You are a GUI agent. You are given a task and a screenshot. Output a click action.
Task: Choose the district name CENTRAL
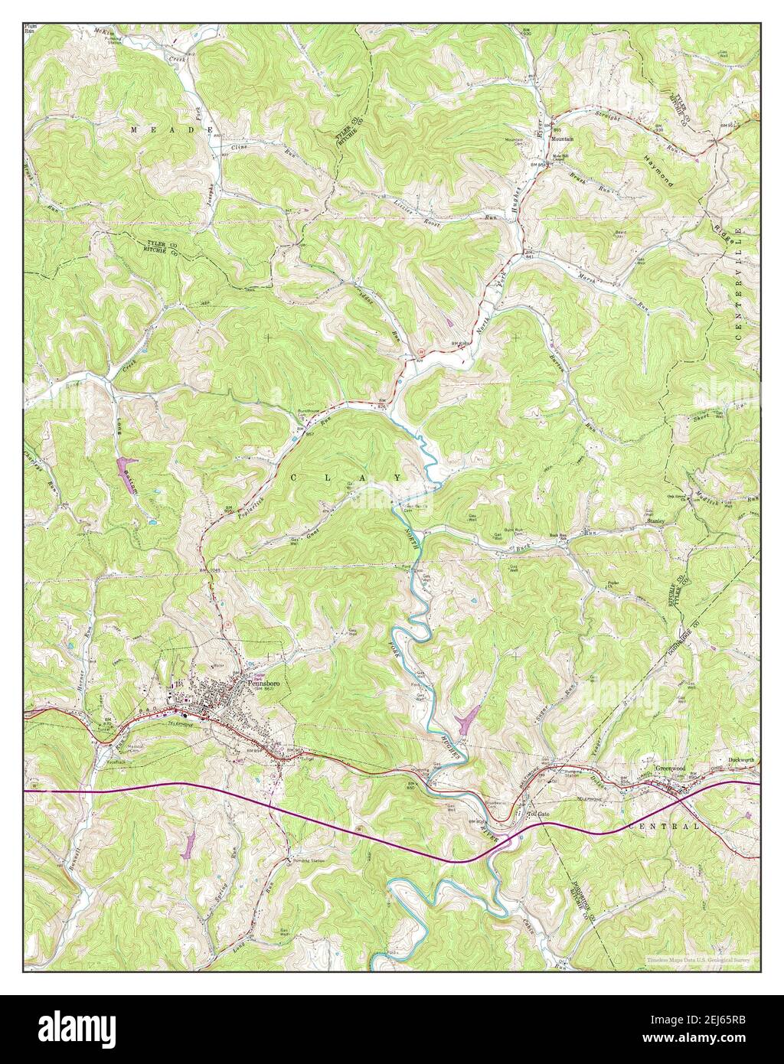tap(663, 827)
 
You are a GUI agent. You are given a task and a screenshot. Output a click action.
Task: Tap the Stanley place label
tap(655, 521)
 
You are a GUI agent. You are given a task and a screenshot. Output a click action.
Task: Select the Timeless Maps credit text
tap(695, 959)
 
